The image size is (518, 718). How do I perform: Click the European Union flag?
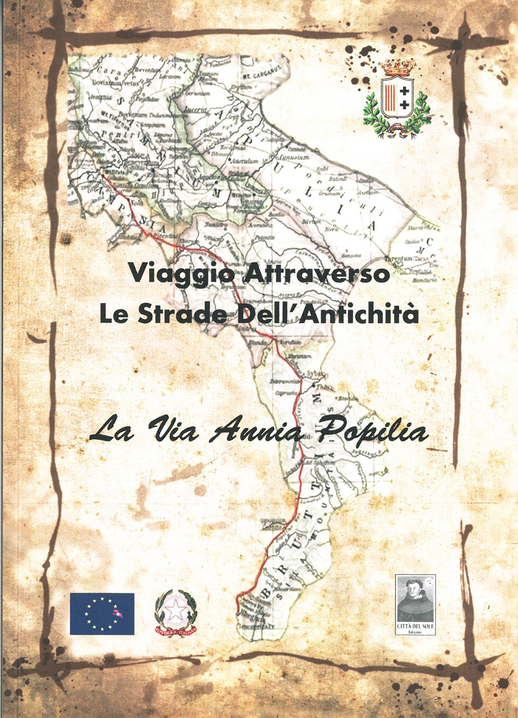[102, 614]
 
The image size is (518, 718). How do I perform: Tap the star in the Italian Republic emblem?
[176, 611]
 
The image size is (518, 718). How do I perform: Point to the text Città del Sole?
[415, 626]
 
